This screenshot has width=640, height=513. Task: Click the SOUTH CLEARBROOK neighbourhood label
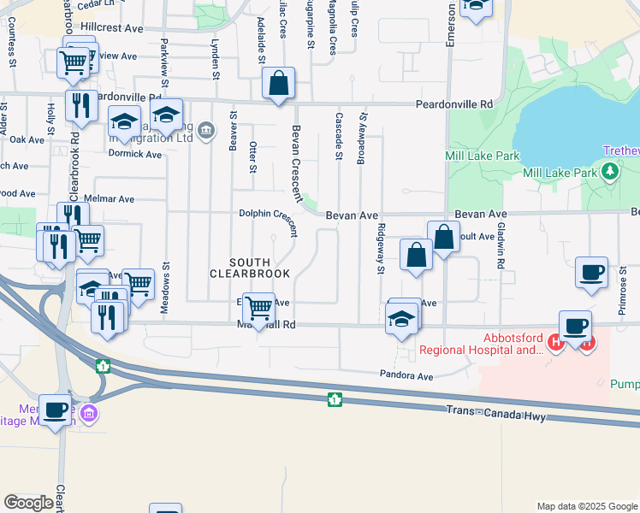[250, 267]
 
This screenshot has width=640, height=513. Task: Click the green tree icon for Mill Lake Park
[610, 174]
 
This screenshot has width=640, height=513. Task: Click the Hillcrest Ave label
[111, 28]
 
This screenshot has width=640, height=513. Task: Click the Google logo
[28, 503]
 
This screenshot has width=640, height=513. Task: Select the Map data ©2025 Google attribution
[586, 506]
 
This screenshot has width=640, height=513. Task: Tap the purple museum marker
[92, 416]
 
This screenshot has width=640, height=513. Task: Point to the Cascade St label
[339, 136]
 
